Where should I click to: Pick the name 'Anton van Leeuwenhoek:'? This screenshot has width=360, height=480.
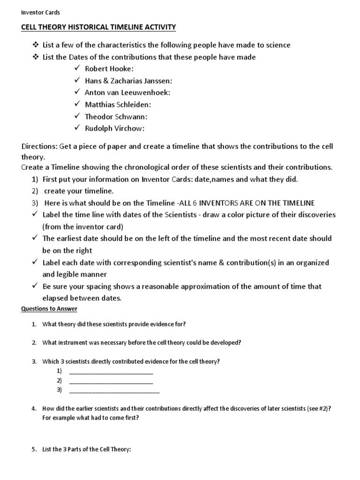click(x=127, y=92)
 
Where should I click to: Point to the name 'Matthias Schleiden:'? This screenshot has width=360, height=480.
click(x=118, y=105)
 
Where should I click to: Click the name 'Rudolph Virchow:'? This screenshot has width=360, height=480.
click(x=115, y=128)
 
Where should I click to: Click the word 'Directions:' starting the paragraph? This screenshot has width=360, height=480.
click(x=39, y=146)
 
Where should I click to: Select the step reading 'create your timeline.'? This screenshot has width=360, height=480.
click(x=79, y=191)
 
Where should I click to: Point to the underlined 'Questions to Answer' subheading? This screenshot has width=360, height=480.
click(x=49, y=309)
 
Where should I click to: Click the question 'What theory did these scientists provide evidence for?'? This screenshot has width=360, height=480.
click(x=117, y=324)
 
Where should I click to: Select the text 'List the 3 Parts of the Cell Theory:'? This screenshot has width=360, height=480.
click(x=87, y=449)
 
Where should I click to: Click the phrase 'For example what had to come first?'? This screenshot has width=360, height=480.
click(x=90, y=417)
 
